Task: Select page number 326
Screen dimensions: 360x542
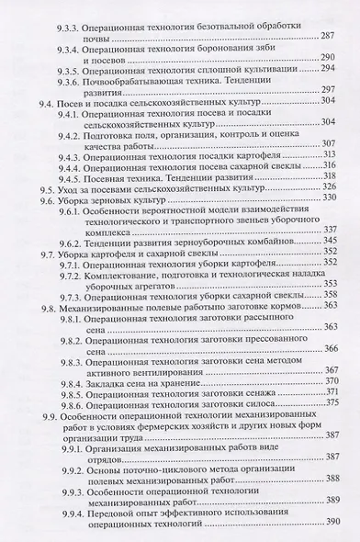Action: [332, 188]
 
